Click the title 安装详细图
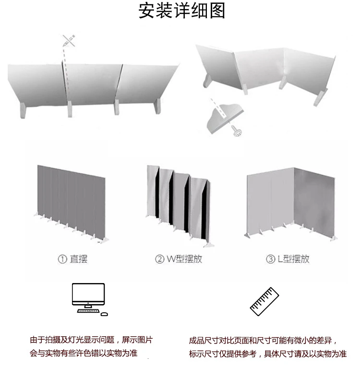[182, 11]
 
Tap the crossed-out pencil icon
[69, 41]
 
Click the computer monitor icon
[88, 296]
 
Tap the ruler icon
[264, 301]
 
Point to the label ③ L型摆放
[288, 259]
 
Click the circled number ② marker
[159, 260]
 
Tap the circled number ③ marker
[270, 260]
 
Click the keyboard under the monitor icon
[88, 312]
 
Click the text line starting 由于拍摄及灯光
[91, 340]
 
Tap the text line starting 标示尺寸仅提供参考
[267, 354]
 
